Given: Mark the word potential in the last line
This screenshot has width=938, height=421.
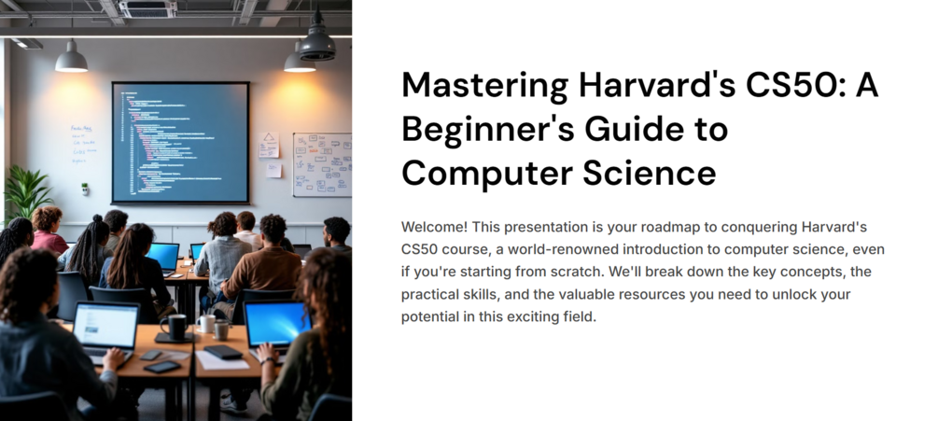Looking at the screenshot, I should [432, 317].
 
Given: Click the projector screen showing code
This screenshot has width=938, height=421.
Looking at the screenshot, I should [180, 142].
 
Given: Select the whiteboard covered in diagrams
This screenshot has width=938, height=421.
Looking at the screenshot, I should [321, 164].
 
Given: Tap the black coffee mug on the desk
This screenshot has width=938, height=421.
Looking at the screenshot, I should [174, 327].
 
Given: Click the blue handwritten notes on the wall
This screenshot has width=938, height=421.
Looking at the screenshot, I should [85, 145].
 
